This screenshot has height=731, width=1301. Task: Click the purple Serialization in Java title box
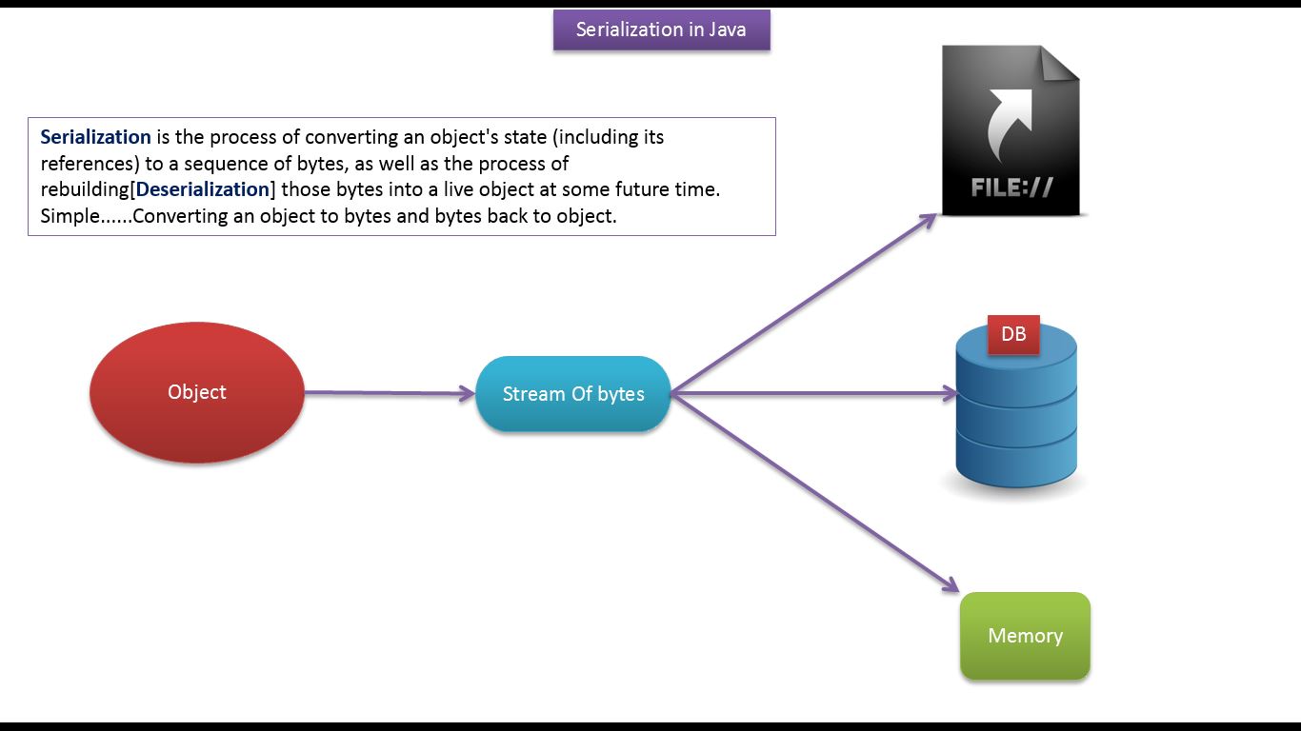[662, 30]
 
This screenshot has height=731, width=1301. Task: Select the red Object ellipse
[197, 392]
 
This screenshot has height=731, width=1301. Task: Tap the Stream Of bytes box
[573, 394]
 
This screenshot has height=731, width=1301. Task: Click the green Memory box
[1025, 636]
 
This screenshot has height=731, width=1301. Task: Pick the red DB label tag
[1013, 334]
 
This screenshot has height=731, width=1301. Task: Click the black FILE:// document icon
[1011, 130]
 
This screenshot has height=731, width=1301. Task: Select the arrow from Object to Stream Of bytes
[390, 393]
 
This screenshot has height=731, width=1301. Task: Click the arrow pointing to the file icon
[804, 304]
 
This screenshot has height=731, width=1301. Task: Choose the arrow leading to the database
[813, 394]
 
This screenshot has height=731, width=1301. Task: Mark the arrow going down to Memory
[815, 493]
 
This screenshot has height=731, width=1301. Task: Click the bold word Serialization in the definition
[96, 137]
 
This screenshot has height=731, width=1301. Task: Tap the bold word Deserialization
[203, 189]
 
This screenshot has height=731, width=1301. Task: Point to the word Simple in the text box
[70, 217]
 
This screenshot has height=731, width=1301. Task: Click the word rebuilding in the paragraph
[85, 189]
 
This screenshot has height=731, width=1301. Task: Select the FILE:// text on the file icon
[1011, 188]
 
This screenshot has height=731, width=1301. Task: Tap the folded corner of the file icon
[1060, 63]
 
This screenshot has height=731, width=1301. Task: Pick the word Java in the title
[727, 30]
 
